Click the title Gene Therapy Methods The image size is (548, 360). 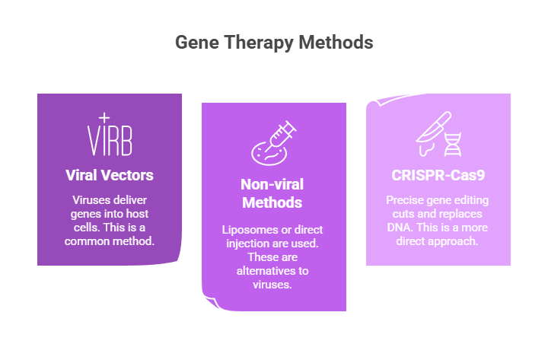point(274,43)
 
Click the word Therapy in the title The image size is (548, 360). point(256,43)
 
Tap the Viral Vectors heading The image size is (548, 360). point(109,175)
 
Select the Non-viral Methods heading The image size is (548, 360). point(273,193)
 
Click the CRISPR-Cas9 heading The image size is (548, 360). point(438,175)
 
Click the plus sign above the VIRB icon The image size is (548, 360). point(104,117)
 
